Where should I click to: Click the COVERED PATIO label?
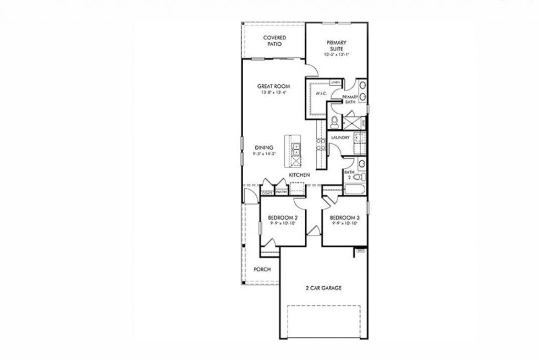click(275, 41)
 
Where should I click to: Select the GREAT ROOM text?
click(274, 86)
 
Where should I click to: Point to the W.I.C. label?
click(322, 94)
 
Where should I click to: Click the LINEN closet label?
click(335, 83)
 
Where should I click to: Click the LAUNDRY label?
click(341, 138)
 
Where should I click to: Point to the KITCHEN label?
click(298, 175)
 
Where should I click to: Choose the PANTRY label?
click(281, 192)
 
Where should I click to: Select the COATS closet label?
click(267, 192)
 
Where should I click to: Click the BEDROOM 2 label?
click(283, 217)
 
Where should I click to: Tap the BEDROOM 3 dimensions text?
click(345, 223)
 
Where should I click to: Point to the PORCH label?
click(262, 269)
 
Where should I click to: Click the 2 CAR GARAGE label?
click(324, 288)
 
